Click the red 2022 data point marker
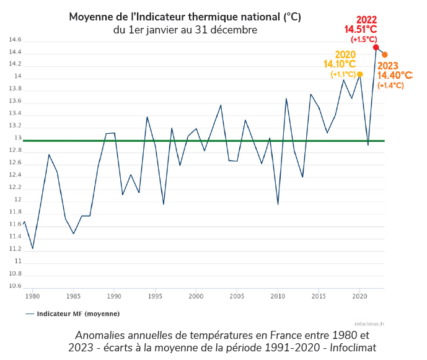pos(376,47)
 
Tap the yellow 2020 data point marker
pos(360,74)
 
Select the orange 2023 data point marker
pos(385,55)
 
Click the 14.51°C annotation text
pos(361,29)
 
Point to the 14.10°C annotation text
pos(340,64)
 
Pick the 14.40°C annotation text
pos(395,75)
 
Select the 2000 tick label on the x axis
pos(196,296)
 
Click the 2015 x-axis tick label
pos(319,296)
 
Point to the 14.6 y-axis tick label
pos(15,40)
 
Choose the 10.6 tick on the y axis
pos(15,286)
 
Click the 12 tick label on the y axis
pos(18,200)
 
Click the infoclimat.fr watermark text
pos(370,323)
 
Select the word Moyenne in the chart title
pos(90,17)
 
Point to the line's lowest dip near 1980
pos(32,248)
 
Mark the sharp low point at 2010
pos(278,204)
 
